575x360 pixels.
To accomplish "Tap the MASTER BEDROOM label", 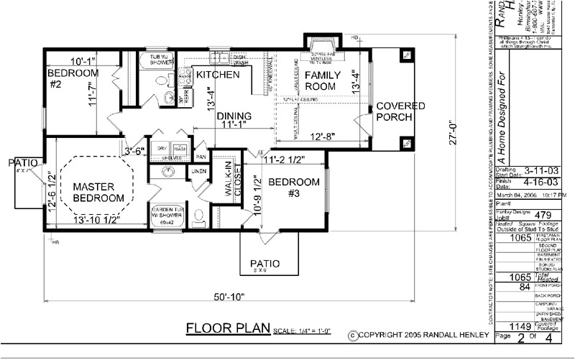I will point(99,192).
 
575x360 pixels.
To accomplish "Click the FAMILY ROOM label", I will point(321,80).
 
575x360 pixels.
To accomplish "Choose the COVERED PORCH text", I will point(401,111).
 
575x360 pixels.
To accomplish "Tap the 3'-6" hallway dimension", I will point(135,151).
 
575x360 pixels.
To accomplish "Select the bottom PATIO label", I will point(265,264).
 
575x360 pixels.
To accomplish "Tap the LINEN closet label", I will point(199,171).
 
